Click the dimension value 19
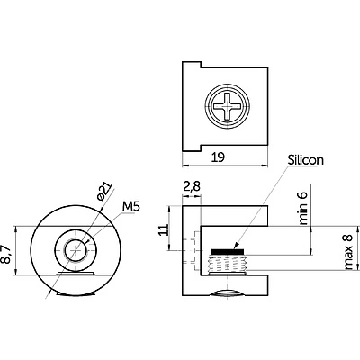pos(219,157)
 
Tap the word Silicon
pos(306,160)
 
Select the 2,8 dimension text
pos(192,187)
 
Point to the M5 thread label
pos(131,207)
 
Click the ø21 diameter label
pos(105,191)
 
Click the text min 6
pos(303,208)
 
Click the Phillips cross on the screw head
pos(227,106)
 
